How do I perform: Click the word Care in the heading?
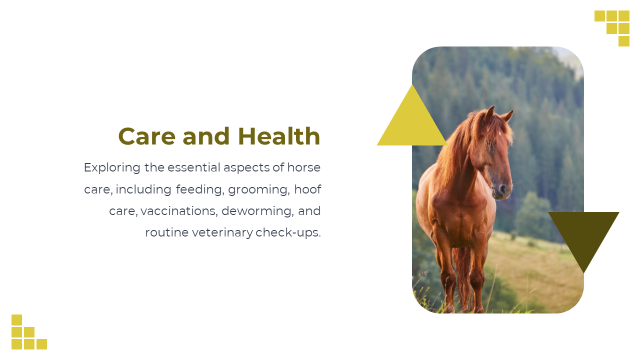point(147,136)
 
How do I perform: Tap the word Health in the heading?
point(279,136)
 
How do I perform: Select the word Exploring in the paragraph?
point(112,168)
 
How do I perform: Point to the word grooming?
point(259,190)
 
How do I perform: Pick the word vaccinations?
point(179,211)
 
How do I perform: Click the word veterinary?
point(222,233)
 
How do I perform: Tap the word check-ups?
point(288,232)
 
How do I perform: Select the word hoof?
point(307,189)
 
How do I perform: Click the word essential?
point(194,167)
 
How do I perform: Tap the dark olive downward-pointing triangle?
point(583,233)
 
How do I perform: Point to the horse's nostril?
point(502,189)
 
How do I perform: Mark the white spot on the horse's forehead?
point(499,133)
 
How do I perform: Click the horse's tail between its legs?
point(462,274)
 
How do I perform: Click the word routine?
point(167,233)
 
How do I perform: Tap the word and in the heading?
point(206,136)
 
